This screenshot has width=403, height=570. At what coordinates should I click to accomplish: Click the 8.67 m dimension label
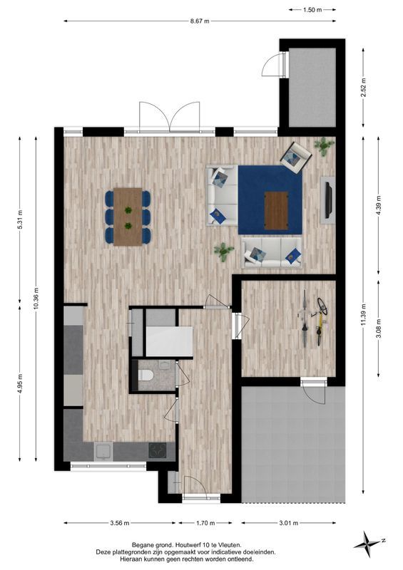coord(200,21)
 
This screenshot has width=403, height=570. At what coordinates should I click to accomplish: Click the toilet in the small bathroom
coord(148,375)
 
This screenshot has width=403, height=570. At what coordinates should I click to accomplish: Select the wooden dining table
coord(128,217)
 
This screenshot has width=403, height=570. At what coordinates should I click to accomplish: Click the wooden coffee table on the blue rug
coord(276,209)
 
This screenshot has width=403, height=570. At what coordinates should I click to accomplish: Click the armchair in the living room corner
coord(295,156)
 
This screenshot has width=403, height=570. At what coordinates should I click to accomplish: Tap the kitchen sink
coord(103,451)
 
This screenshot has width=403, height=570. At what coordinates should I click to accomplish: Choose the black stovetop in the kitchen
coord(157,450)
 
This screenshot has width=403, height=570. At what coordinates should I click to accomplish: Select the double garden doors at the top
coord(170,116)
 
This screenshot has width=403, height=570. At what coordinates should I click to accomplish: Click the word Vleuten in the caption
coord(229,544)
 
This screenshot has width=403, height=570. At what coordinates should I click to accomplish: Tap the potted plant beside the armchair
coord(325,146)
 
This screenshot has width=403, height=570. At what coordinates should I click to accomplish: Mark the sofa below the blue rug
coord(272,253)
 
